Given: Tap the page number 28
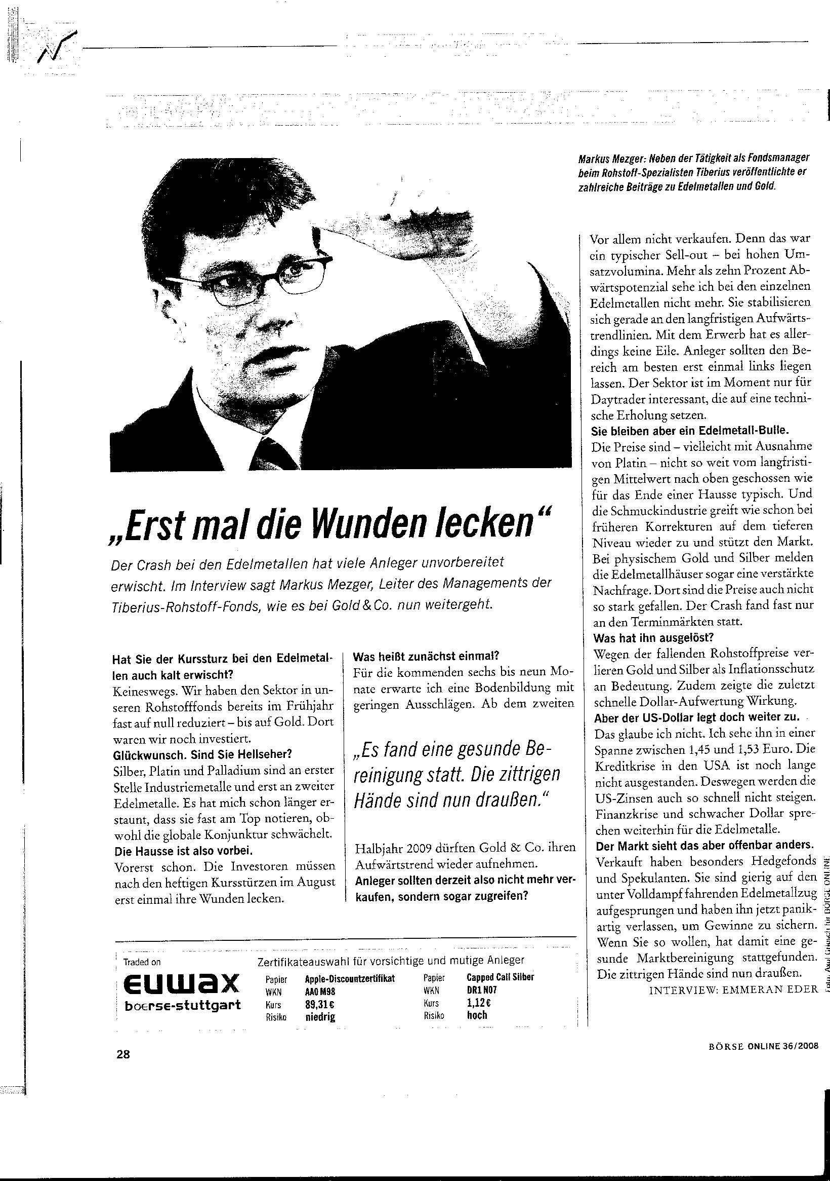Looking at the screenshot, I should pyautogui.click(x=123, y=1054).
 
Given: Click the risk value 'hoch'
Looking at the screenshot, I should pyautogui.click(x=476, y=1015).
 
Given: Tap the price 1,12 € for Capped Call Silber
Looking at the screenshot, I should pyautogui.click(x=478, y=1003).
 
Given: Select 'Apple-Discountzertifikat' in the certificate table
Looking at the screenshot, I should pyautogui.click(x=350, y=978).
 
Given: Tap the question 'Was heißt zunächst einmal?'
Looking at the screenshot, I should pyautogui.click(x=426, y=656).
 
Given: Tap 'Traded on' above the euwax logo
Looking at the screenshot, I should pyautogui.click(x=142, y=962).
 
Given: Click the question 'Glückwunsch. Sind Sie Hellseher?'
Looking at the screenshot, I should pyautogui.click(x=202, y=754).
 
